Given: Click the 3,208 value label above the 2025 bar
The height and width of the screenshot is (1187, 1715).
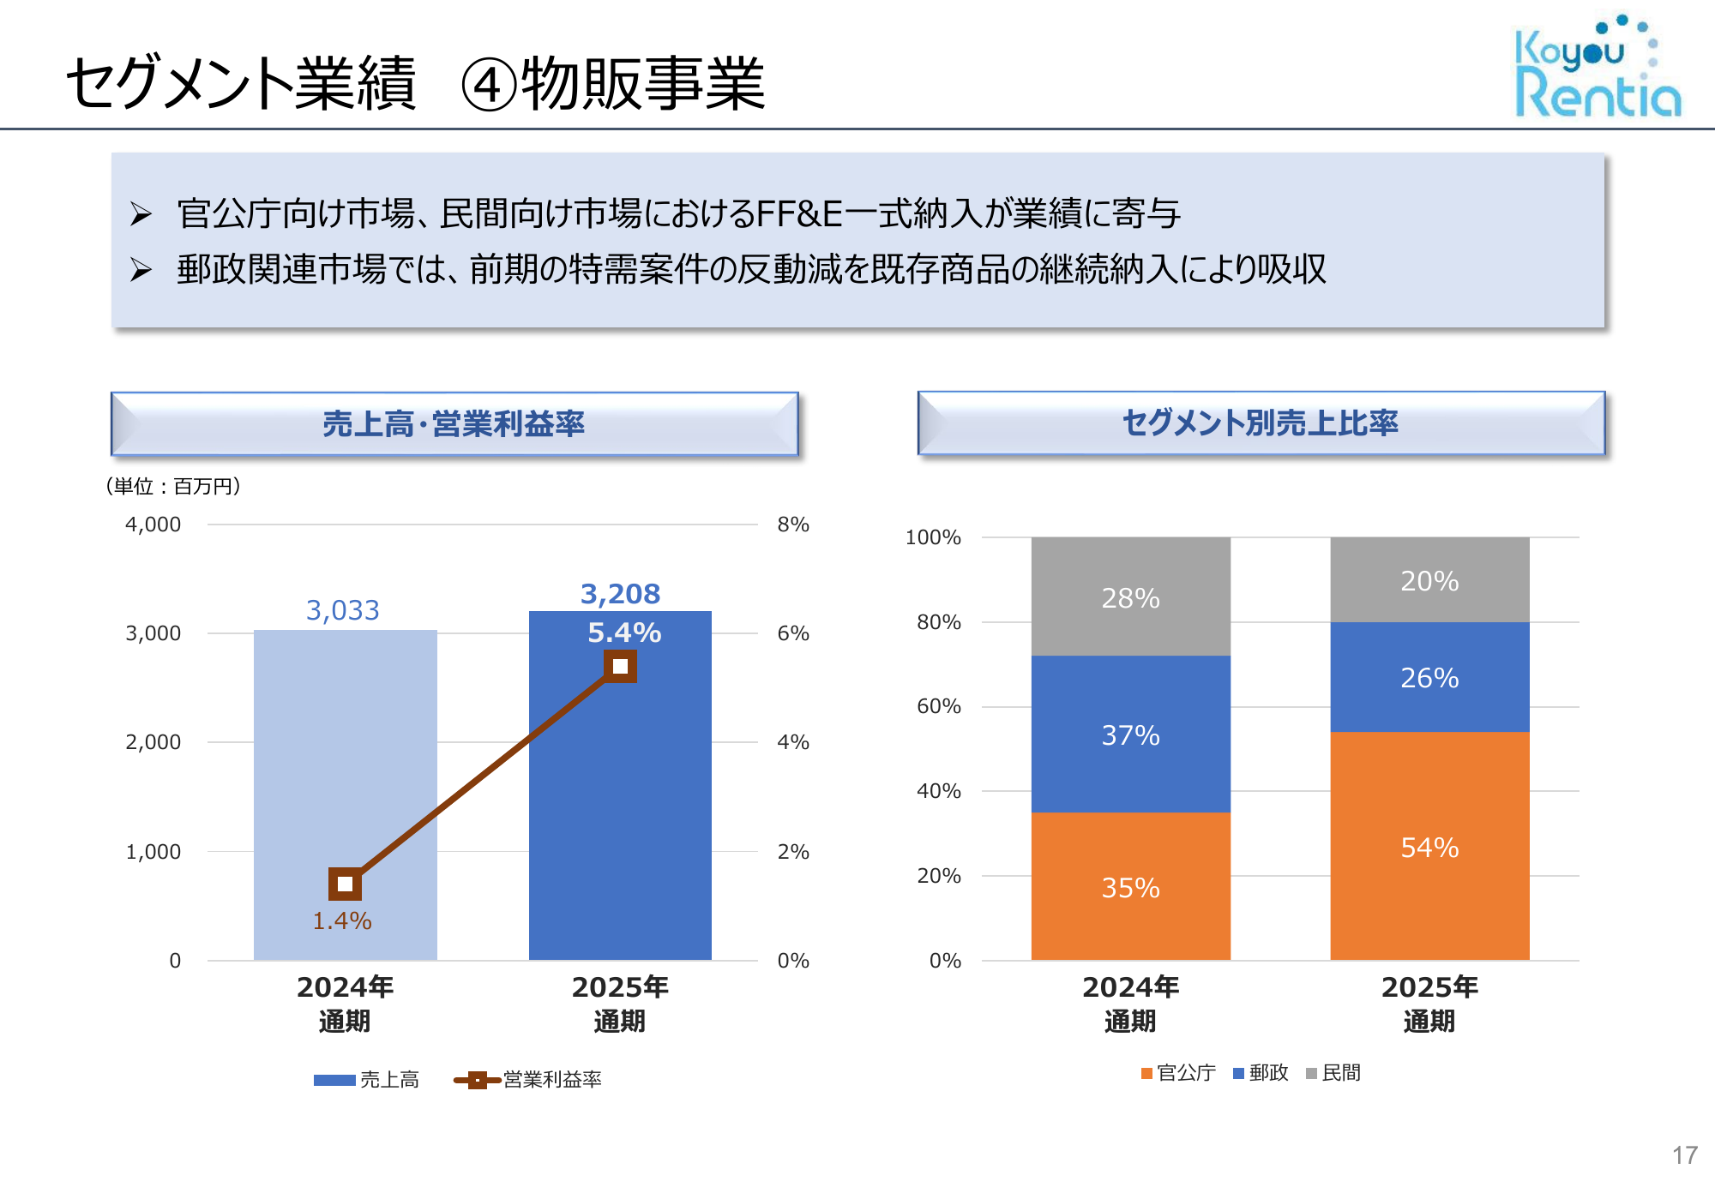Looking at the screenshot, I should point(620,594).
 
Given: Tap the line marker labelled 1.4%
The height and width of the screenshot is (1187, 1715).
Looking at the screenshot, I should point(345,884).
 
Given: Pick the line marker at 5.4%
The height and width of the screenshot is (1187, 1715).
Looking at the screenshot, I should point(620,666).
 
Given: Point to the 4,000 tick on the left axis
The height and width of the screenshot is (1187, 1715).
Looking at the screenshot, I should point(153,525).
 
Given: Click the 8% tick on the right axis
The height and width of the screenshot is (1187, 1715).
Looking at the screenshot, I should point(793,525).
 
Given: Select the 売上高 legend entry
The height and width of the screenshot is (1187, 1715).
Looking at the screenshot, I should point(367,1080).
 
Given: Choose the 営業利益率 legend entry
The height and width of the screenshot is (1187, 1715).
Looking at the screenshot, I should point(528,1080).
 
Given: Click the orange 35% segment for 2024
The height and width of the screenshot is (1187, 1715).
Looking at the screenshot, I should point(1130,887).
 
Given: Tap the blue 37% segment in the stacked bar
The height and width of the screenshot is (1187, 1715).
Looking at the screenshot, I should point(1130,734).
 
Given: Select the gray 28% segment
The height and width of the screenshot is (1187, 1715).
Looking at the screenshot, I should point(1130,597).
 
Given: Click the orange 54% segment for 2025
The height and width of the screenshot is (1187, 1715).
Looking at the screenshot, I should point(1429,847).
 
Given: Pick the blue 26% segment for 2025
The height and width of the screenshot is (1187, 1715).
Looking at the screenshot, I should point(1429,677).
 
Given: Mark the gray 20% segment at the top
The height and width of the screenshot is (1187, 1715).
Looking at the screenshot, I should point(1429,580).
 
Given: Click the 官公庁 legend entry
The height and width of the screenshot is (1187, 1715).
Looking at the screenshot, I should point(1178,1073).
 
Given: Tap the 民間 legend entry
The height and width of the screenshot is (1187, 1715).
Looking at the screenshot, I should point(1333,1073).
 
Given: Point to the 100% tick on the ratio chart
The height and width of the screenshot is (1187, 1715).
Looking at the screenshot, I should point(933,537).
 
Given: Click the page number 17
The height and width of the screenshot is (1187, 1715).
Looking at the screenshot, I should point(1684,1155).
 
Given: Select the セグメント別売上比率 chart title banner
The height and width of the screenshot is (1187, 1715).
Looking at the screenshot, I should point(1261,423).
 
